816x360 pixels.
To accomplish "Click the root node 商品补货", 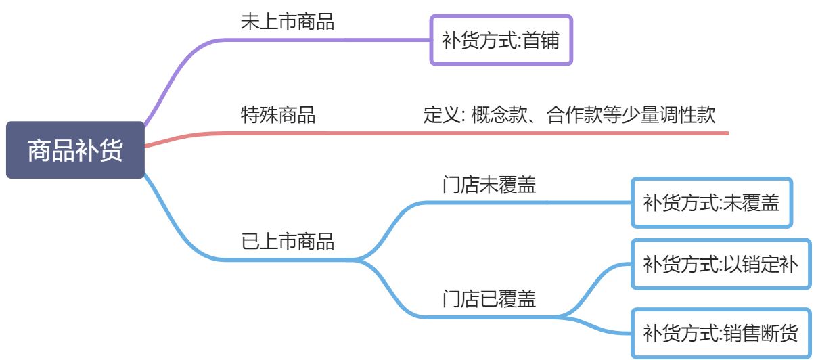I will tap(75, 150).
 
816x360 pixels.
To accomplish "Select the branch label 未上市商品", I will tap(288, 22).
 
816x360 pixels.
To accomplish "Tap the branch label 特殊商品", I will tap(278, 114).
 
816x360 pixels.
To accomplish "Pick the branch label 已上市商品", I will tap(288, 241).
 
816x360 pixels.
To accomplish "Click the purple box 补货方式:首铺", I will tap(501, 41).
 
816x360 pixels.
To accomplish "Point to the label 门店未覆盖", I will tap(489, 184).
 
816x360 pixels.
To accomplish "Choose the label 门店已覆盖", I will tap(489, 298).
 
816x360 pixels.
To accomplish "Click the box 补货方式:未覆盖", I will tap(711, 202).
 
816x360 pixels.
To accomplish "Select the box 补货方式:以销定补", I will tap(721, 264).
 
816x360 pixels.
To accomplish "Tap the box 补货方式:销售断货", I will tap(721, 333).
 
